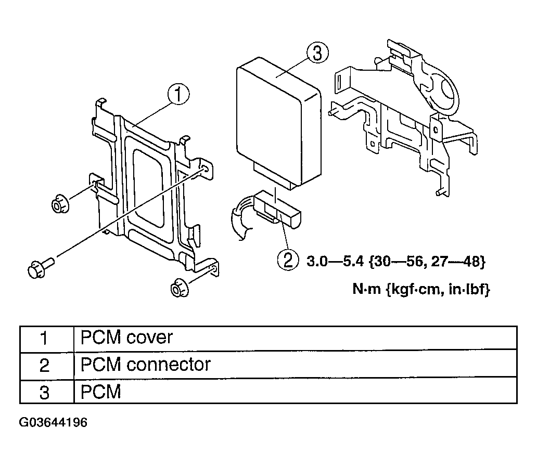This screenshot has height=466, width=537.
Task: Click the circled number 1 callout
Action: click(178, 95)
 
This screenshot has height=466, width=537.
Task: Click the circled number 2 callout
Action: click(288, 260)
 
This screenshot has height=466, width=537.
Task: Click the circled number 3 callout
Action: click(316, 54)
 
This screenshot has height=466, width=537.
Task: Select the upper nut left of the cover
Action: click(59, 203)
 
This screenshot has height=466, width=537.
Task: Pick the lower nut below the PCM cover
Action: click(180, 287)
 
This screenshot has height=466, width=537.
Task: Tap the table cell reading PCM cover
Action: click(126, 338)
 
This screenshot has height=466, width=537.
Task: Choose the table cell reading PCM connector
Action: click(146, 365)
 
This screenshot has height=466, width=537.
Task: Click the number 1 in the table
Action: click(45, 339)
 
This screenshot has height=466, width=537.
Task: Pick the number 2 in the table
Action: click(45, 365)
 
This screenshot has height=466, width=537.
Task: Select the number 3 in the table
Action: click(45, 392)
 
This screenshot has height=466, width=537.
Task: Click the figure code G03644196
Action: click(54, 422)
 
